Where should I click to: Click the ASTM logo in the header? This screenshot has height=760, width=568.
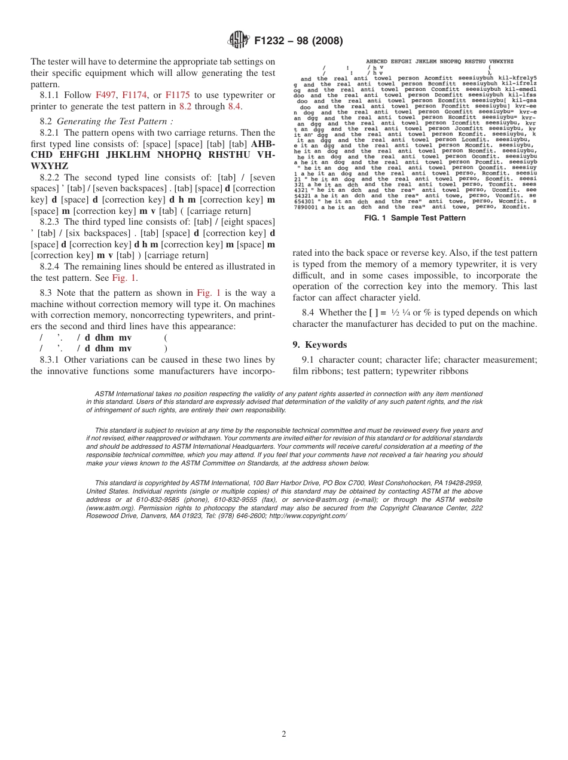click(x=239, y=41)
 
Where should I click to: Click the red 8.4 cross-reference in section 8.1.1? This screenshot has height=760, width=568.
click(x=234, y=107)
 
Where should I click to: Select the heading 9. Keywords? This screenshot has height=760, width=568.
click(x=319, y=345)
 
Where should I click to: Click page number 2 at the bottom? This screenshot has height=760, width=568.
click(x=284, y=734)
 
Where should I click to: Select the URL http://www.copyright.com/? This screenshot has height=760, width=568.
click(x=307, y=516)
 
